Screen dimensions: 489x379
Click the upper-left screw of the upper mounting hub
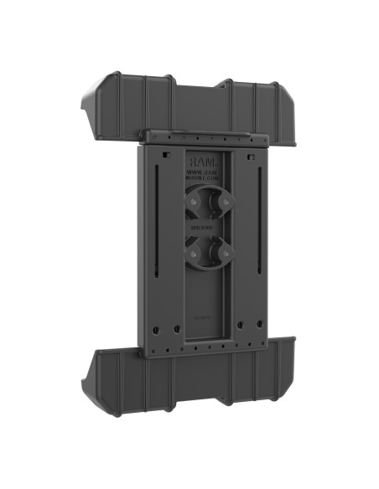pyautogui.click(x=193, y=201)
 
